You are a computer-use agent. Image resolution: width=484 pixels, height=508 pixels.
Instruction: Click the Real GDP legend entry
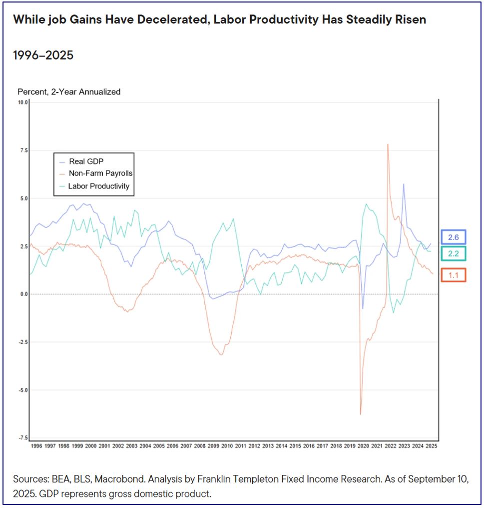pos(89,161)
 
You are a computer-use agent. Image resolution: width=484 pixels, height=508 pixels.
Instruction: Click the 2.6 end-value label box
pos(453,237)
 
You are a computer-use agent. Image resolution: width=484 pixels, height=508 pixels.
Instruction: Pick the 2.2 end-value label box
pos(453,253)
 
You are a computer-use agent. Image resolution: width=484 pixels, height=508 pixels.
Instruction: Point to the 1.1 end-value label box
pos(453,274)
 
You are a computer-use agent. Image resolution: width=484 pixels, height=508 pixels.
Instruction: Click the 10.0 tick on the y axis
pos(22,102)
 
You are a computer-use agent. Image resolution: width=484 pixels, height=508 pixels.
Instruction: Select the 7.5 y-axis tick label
pos(23,150)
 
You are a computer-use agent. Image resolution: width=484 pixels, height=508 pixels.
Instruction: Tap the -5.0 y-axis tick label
pos(22,390)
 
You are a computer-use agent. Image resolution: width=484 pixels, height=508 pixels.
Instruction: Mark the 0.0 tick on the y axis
pos(23,294)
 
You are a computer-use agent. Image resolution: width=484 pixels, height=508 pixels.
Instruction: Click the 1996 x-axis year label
pos(37,446)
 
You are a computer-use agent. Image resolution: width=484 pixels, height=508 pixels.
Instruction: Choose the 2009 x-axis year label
pos(213,446)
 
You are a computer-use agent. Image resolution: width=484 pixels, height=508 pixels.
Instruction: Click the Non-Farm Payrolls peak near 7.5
pos(388,144)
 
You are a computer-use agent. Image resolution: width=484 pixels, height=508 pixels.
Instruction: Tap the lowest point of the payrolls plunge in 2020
pos(360,414)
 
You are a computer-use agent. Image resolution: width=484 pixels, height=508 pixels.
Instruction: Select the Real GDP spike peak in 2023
pos(404,184)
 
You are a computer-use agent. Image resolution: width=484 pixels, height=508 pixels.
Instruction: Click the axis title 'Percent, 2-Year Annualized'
pos(69,91)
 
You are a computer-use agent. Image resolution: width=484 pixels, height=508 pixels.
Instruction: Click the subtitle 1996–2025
pos(43,55)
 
